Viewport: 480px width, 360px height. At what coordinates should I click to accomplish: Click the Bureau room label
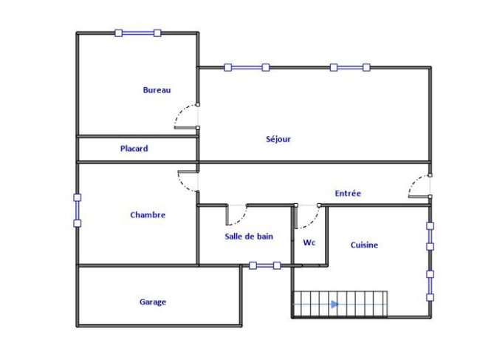coord(157,90)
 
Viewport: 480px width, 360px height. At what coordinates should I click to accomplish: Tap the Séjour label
coord(278,139)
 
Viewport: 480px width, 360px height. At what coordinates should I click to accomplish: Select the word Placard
coord(134,149)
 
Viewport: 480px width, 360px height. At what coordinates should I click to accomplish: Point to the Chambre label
coord(148,215)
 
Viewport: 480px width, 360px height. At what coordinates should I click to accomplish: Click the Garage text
coord(153,302)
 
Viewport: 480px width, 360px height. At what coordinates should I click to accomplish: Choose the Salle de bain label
coord(249,237)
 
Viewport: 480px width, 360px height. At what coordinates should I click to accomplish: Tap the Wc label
coord(309,242)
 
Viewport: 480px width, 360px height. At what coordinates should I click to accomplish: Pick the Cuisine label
coord(364,245)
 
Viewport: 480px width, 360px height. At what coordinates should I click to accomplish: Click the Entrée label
coord(348,194)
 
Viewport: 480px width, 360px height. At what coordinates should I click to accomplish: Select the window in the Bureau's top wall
coord(138,33)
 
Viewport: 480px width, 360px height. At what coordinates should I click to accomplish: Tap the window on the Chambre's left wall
coord(78,211)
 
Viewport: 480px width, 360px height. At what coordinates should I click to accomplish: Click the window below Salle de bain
coord(265,265)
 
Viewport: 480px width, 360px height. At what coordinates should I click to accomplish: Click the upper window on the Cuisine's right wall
coord(431,237)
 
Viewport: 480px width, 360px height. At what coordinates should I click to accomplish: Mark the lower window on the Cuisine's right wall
coord(431,286)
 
